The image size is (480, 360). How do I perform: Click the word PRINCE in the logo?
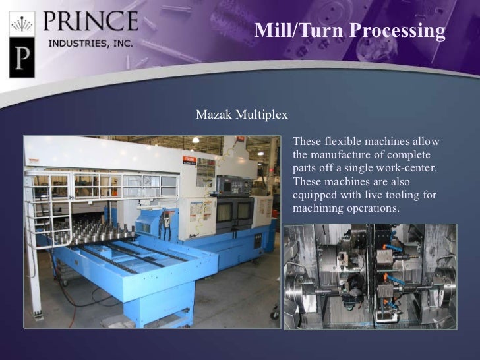(x=91, y=22)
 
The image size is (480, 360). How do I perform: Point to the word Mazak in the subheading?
(x=212, y=115)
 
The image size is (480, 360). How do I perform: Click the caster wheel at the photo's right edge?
(x=274, y=315)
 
